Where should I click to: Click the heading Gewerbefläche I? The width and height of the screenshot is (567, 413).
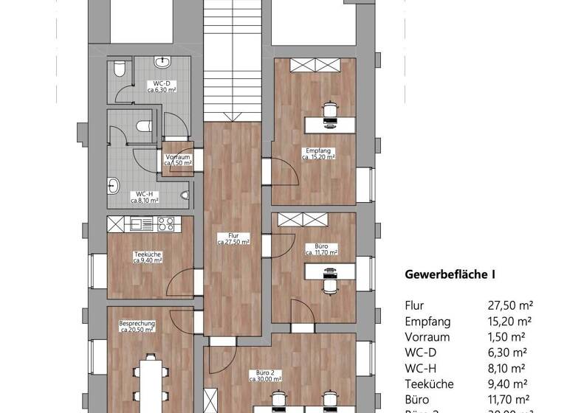450,274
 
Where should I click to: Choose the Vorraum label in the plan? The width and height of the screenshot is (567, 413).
179,159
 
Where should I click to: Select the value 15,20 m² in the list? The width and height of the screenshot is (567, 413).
510,322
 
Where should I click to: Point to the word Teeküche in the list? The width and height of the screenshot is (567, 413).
429,383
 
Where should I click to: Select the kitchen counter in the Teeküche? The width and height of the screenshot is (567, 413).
151,223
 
